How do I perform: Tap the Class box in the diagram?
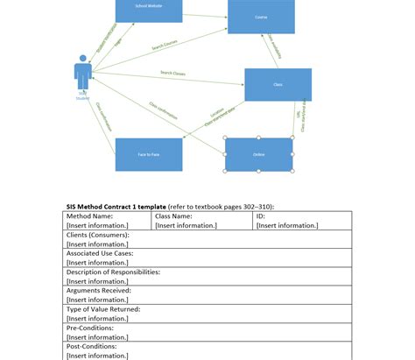point(278,85)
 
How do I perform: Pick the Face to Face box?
point(148,154)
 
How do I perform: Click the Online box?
point(259,154)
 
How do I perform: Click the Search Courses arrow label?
point(165,44)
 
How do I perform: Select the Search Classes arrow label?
point(172,74)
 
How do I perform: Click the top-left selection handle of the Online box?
point(226,138)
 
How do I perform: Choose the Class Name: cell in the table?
point(173,215)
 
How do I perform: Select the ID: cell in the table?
point(261,215)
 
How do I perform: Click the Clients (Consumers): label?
point(98,235)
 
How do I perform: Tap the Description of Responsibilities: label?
point(114,272)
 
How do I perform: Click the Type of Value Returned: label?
point(103,309)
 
